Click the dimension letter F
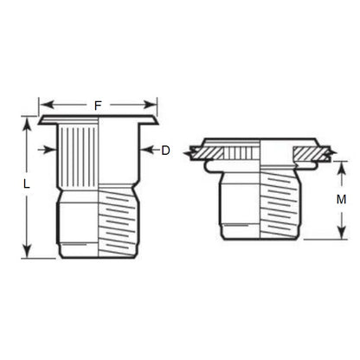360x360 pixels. click(98, 106)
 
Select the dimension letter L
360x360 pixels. click(27, 185)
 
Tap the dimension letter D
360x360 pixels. click(165, 151)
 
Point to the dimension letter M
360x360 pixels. click(341, 199)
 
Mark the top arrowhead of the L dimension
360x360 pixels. click(27, 121)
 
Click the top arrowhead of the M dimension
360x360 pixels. click(340, 163)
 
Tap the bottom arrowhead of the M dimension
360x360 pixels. click(340, 235)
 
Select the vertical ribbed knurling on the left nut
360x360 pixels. click(80, 156)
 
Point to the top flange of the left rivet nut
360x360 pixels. click(98, 119)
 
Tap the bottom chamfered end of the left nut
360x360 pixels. click(98, 252)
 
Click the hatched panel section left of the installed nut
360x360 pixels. click(204, 153)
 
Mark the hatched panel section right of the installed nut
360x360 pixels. click(317, 154)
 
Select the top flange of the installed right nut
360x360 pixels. click(260, 143)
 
